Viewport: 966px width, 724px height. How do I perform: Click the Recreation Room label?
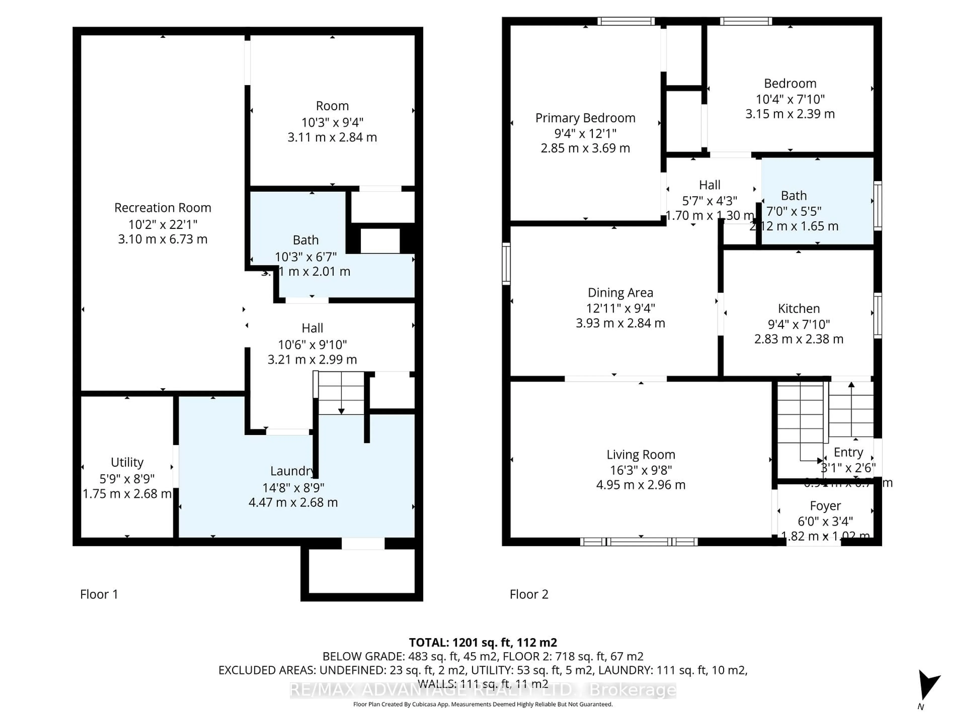[163, 208]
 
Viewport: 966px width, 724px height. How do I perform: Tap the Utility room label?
[127, 462]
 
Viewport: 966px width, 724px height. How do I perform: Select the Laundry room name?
[292, 471]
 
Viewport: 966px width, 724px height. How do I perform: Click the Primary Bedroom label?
[585, 118]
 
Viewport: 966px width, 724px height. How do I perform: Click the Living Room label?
[641, 455]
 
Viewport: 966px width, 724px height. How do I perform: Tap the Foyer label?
[825, 506]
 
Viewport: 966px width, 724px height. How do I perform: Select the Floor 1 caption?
[99, 594]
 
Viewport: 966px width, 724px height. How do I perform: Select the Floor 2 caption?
[529, 594]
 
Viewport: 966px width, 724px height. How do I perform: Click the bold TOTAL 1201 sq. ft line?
[482, 642]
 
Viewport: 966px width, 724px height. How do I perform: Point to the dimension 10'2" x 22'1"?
[163, 224]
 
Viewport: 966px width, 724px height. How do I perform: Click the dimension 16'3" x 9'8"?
[641, 470]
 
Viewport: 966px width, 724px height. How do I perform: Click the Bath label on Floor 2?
[793, 196]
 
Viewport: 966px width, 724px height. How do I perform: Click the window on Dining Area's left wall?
[506, 264]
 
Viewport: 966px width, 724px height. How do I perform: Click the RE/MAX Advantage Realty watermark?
[482, 690]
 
